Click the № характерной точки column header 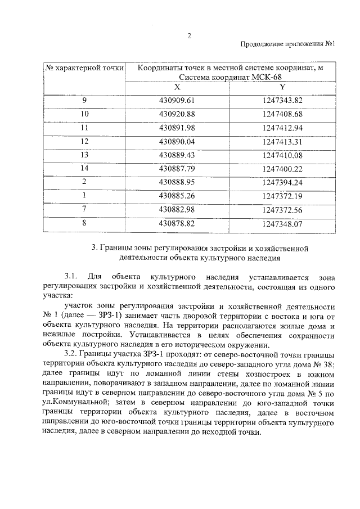tap(85, 69)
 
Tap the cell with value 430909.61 tap(177, 101)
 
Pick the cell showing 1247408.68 tap(282, 114)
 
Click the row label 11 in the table tap(85, 128)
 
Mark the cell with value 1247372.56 tap(282, 210)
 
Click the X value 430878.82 tap(177, 223)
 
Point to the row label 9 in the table tap(85, 101)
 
